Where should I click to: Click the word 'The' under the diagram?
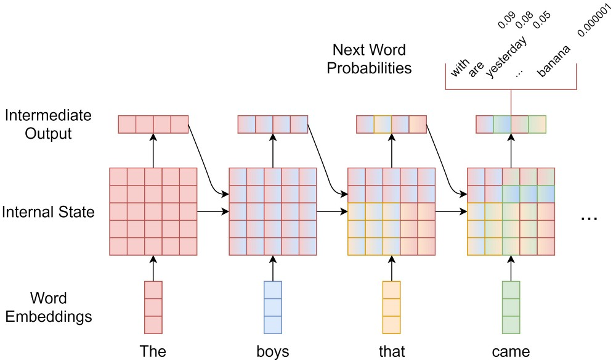[153, 351]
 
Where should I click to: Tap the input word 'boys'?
[273, 351]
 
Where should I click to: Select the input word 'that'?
[392, 351]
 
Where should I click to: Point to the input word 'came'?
[511, 351]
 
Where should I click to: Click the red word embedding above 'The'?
[153, 308]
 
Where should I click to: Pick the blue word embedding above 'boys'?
[273, 308]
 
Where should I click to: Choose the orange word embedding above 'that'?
[392, 308]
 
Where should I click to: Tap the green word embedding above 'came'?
[511, 308]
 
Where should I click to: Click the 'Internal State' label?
[48, 212]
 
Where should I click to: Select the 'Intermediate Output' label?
[48, 124]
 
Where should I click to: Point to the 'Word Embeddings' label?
[49, 308]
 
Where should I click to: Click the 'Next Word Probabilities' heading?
[369, 59]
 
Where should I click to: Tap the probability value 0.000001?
[594, 21]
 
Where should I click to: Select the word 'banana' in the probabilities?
[553, 61]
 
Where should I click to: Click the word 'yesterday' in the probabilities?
[506, 57]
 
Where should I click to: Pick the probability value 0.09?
[506, 20]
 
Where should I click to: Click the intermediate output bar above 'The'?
[153, 124]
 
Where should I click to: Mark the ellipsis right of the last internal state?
[589, 218]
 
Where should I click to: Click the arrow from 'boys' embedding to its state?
[273, 268]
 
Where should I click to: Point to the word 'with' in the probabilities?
[460, 68]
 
